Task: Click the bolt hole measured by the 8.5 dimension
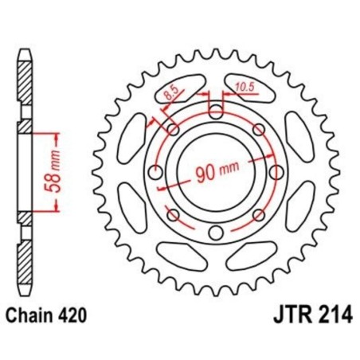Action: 173,130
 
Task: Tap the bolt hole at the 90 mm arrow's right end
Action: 275,172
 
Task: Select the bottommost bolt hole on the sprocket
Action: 216,232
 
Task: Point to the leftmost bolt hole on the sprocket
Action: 155,172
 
